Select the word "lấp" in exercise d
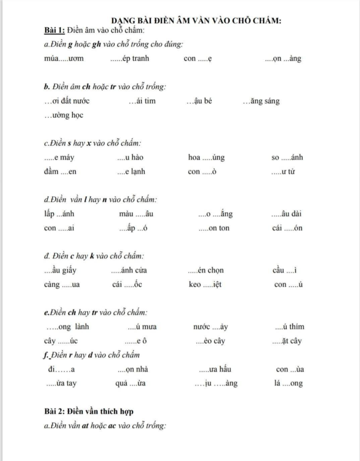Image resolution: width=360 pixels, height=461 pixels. pos(48,214)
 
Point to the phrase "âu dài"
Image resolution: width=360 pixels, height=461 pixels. pos(291,214)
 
